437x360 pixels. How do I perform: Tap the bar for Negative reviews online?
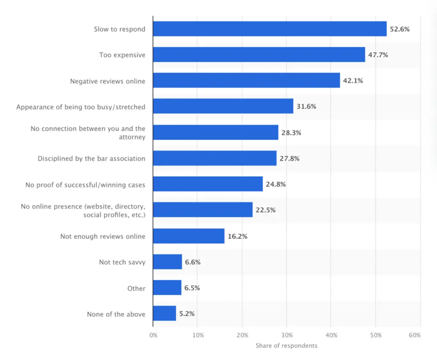[x=246, y=80]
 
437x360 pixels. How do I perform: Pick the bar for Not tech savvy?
[x=167, y=262]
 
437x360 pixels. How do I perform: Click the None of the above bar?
[x=164, y=313]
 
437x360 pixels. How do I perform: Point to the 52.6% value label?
[x=399, y=29]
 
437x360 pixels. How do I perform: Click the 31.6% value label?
[x=306, y=106]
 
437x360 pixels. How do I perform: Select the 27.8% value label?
[x=289, y=158]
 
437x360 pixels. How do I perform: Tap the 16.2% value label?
[x=237, y=236]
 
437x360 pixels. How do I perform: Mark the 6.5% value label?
[x=192, y=288]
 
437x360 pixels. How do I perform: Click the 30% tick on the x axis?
[x=286, y=335]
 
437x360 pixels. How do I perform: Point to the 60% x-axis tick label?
[x=414, y=335]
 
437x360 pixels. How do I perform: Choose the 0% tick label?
[x=153, y=335]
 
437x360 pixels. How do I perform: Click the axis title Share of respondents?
[x=286, y=345]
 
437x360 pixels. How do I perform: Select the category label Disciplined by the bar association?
[x=91, y=158]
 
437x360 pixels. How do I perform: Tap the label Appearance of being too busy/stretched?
[x=81, y=107]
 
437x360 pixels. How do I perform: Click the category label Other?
[x=136, y=288]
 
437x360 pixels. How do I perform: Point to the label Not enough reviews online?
[x=102, y=236]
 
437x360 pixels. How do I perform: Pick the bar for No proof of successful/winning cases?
[x=208, y=184]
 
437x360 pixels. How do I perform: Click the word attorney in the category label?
[x=132, y=137]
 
